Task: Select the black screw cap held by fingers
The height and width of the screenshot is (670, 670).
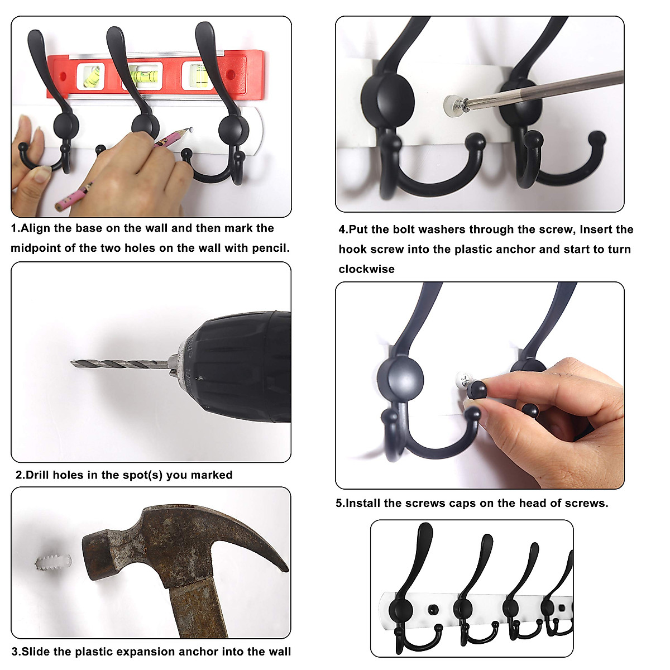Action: [x=477, y=389]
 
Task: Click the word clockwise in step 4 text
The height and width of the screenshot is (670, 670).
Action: [x=366, y=269]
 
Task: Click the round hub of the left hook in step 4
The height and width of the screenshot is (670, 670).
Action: [x=387, y=100]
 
